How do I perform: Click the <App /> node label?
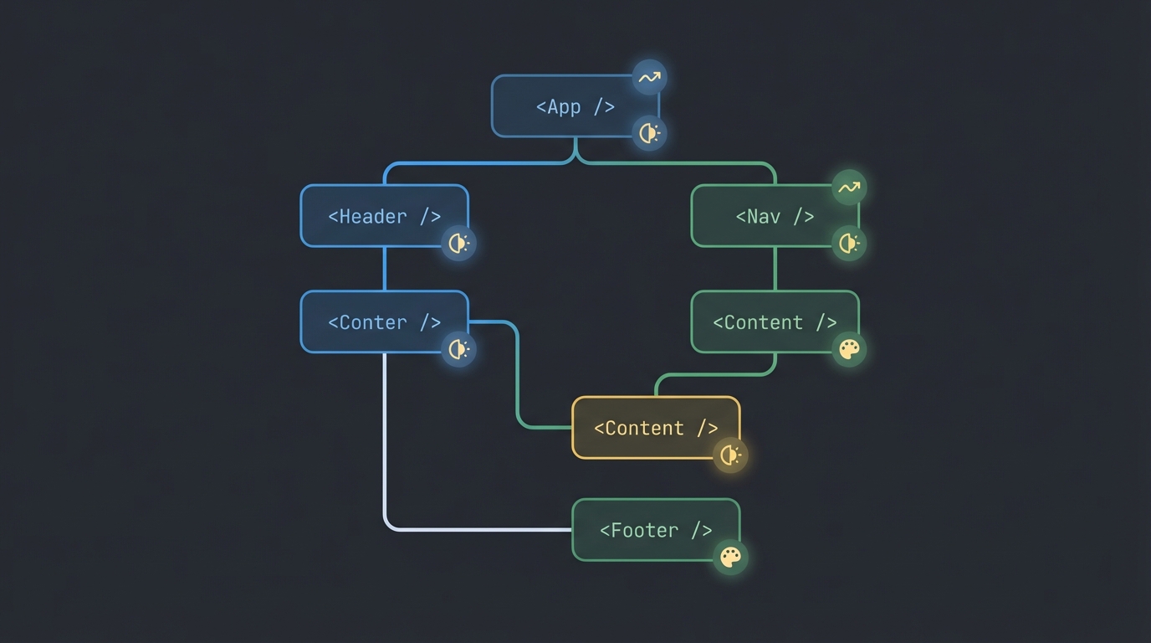[575, 107]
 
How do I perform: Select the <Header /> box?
[384, 216]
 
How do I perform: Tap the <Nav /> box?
[775, 216]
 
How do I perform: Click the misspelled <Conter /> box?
[384, 322]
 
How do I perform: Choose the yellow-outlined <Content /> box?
[656, 428]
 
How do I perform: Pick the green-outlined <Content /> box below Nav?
[775, 322]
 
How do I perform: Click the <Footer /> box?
[656, 530]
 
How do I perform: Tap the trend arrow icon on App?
[649, 78]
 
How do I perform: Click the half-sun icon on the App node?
[649, 132]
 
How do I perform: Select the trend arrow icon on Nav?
[849, 188]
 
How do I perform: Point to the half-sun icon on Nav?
[849, 244]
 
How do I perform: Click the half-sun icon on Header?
[458, 244]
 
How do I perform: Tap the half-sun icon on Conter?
[458, 349]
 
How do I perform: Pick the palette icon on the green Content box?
[849, 349]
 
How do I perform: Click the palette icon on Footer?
[730, 557]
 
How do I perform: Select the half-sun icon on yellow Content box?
[730, 455]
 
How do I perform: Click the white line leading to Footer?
[385, 452]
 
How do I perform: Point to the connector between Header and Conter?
[385, 269]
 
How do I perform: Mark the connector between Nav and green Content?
[775, 269]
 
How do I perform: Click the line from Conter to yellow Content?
[518, 377]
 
